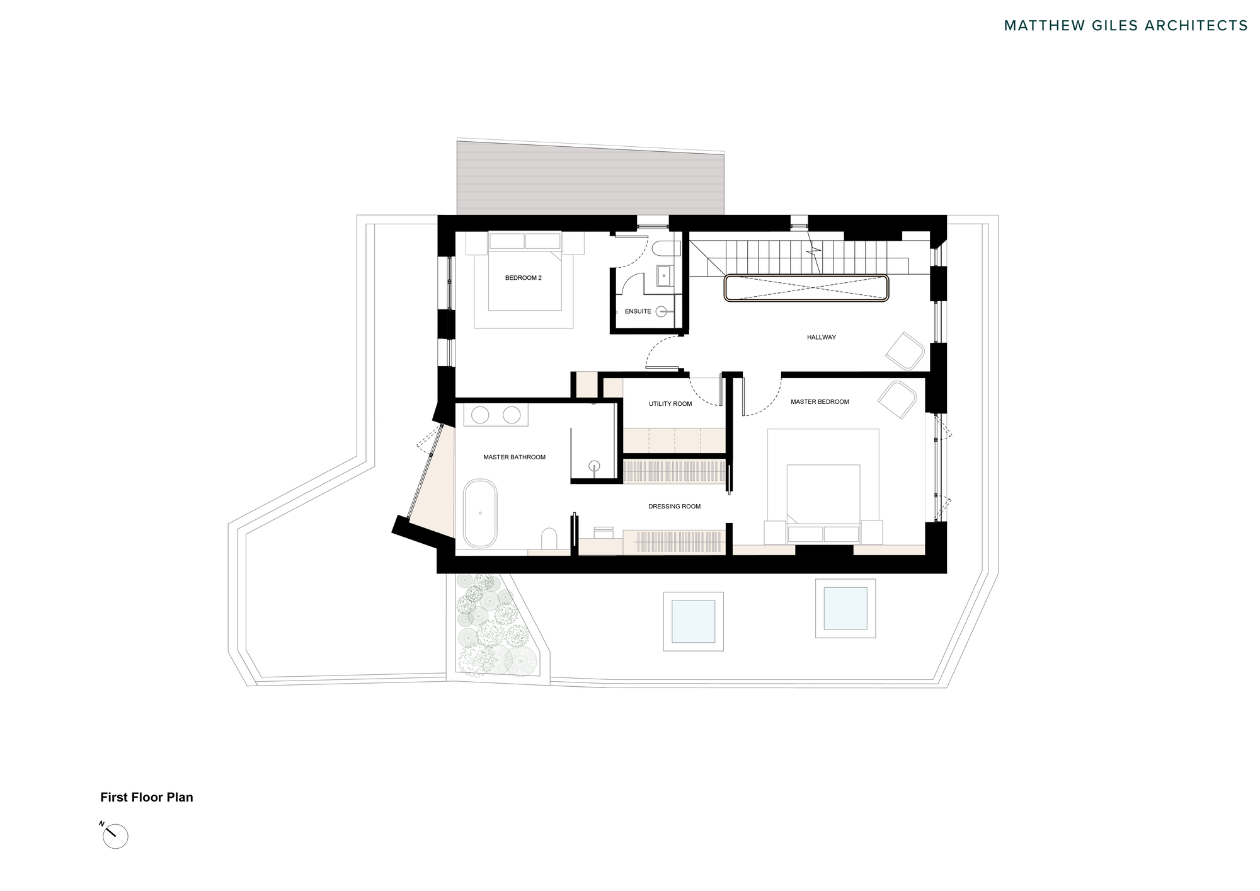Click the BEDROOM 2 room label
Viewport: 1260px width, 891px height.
click(x=523, y=278)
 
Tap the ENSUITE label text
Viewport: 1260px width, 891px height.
click(x=638, y=311)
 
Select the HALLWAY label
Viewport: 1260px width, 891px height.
click(x=821, y=337)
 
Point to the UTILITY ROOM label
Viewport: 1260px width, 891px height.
click(x=670, y=404)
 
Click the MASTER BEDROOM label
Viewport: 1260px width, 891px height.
click(x=820, y=402)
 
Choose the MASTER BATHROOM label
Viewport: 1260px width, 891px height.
click(x=514, y=457)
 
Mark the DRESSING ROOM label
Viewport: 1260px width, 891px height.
click(x=674, y=507)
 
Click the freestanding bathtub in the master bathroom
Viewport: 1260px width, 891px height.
click(x=480, y=514)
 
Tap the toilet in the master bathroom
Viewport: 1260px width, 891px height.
click(x=549, y=539)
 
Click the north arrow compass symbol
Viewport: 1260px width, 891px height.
click(x=115, y=836)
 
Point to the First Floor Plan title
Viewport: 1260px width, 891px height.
click(x=147, y=797)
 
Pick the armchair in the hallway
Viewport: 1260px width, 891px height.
click(x=905, y=350)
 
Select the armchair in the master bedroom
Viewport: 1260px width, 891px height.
click(x=897, y=399)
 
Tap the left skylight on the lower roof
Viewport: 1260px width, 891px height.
click(x=693, y=621)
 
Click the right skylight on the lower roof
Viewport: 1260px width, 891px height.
click(x=845, y=609)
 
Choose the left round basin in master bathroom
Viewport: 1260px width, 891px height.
click(x=481, y=415)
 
